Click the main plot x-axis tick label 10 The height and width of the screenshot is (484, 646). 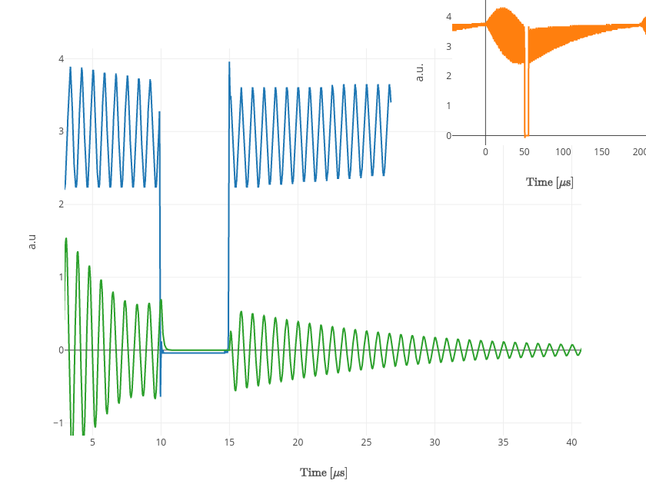pyautogui.click(x=161, y=443)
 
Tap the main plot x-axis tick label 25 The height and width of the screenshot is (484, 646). pyautogui.click(x=366, y=443)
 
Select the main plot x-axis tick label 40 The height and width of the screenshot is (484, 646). pyautogui.click(x=571, y=443)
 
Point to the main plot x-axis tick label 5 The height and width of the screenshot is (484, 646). pyautogui.click(x=92, y=443)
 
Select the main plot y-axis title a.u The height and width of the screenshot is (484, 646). pyautogui.click(x=32, y=241)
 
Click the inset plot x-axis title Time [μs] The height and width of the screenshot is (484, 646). pyautogui.click(x=549, y=182)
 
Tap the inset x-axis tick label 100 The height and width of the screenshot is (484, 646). pyautogui.click(x=563, y=152)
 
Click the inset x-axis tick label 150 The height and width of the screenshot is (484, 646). pyautogui.click(x=602, y=152)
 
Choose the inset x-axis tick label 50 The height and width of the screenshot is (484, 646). pyautogui.click(x=524, y=152)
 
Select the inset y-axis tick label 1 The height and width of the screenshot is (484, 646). pyautogui.click(x=448, y=105)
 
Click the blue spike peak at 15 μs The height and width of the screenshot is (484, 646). pyautogui.click(x=229, y=63)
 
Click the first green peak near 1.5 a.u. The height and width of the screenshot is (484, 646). pyautogui.click(x=66, y=239)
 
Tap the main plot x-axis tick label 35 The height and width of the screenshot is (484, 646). pyautogui.click(x=503, y=443)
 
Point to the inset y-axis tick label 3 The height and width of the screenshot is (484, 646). pyautogui.click(x=448, y=46)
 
